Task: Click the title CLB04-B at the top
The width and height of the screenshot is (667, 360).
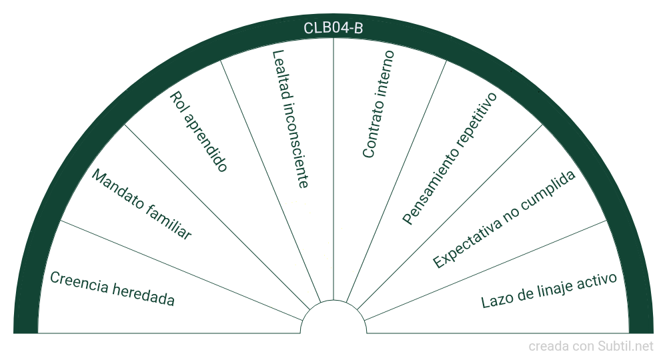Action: (333, 28)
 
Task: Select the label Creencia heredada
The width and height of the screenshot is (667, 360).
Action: (112, 289)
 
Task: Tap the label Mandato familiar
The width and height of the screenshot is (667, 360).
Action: (141, 205)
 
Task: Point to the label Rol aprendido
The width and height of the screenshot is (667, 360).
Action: (199, 131)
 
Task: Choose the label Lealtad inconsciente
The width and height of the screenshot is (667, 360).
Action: (289, 119)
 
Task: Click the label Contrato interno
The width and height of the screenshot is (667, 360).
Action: (378, 104)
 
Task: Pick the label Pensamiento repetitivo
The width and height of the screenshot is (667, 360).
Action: (450, 159)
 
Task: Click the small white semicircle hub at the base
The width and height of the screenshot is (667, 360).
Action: (333, 320)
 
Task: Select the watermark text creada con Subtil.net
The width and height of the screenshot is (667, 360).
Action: (591, 346)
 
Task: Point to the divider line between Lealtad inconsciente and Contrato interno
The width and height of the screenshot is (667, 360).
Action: (333, 167)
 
